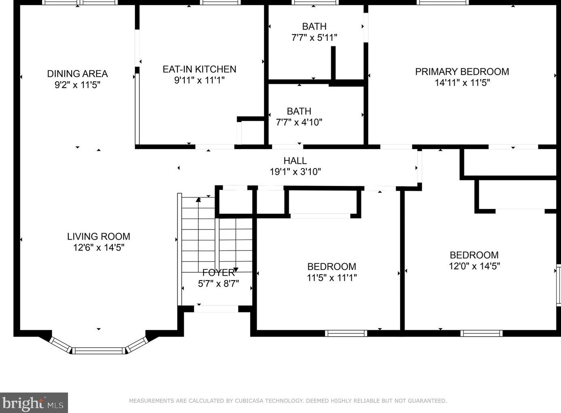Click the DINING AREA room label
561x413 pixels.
(x=77, y=74)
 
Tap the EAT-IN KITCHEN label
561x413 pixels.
(x=199, y=70)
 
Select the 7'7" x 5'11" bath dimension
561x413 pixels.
(x=314, y=38)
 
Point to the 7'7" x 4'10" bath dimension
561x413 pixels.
(x=299, y=122)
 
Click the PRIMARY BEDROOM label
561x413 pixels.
(x=462, y=72)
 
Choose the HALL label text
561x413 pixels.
(x=295, y=161)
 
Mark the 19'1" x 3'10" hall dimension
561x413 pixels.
(x=295, y=172)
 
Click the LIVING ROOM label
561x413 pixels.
(x=99, y=237)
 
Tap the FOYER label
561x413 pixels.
(x=218, y=273)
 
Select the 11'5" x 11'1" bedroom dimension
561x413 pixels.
(x=331, y=278)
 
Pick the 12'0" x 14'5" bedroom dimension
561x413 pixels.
(x=474, y=266)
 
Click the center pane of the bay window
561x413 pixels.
(x=99, y=350)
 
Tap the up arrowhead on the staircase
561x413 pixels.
(x=198, y=200)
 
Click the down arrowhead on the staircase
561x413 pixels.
(x=236, y=269)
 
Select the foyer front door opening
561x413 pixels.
(x=216, y=309)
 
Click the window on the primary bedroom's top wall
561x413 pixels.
(x=443, y=2)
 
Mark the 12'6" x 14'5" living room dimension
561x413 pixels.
(x=99, y=248)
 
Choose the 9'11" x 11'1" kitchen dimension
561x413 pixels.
(x=199, y=80)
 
